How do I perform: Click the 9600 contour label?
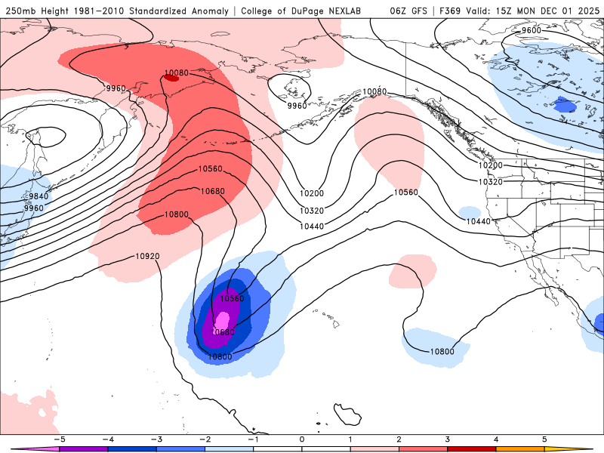pos(532,30)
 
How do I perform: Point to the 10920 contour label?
pos(147,256)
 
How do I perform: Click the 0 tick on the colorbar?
pos(302,439)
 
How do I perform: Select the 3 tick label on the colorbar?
pos(448,439)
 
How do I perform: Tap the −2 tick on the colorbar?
pos(205,439)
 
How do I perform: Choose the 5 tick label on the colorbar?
pos(545,439)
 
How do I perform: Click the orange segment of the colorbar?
pos(520,448)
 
